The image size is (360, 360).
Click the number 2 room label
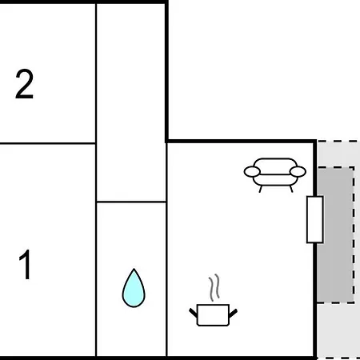click(24, 84)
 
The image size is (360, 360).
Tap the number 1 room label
click(25, 264)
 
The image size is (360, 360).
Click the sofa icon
click(275, 174)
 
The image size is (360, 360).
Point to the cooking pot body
click(213, 315)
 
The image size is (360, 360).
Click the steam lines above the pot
click(214, 287)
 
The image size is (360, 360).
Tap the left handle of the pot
click(193, 313)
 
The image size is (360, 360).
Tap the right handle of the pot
click(233, 313)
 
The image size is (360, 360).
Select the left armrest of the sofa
click(252, 171)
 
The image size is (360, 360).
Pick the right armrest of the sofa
click(298, 171)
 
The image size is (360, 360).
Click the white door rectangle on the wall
click(315, 219)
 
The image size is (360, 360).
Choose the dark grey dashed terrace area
click(335, 235)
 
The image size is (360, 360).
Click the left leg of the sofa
click(261, 189)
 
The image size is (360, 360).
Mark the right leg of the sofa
click(291, 189)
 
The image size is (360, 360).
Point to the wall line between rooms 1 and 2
click(48, 144)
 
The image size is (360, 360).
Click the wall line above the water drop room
click(131, 202)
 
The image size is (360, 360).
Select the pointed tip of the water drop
click(134, 269)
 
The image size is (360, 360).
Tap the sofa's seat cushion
click(275, 180)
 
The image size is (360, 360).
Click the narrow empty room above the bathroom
click(131, 102)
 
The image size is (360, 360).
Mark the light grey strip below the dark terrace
click(338, 330)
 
